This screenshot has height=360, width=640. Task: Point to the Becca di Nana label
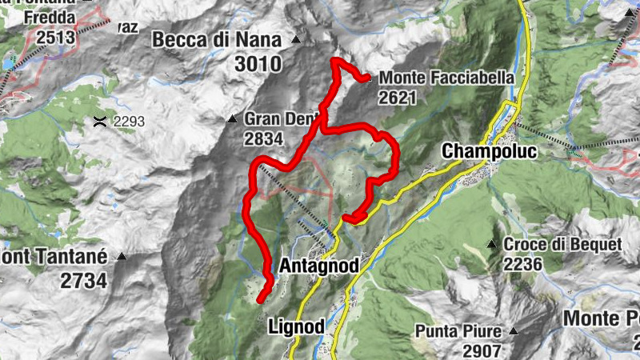[217, 39]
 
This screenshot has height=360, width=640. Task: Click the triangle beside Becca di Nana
[296, 39]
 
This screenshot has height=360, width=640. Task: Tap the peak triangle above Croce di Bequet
[492, 244]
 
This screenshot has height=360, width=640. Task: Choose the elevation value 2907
[481, 350]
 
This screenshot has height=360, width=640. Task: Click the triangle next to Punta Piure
[514, 330]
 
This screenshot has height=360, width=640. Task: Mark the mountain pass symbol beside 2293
[100, 122]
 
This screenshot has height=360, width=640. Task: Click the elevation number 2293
[129, 122]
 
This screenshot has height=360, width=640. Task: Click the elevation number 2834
[264, 138]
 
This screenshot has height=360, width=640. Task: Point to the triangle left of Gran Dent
[232, 119]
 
